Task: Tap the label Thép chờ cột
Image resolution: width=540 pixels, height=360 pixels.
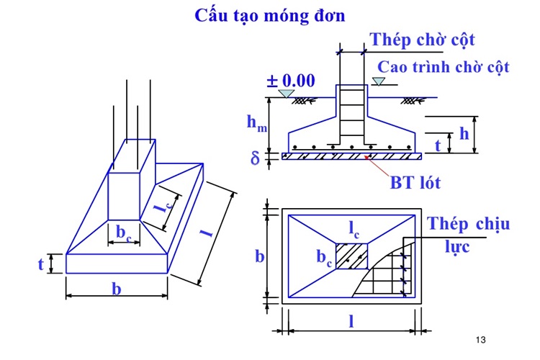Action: [422, 39]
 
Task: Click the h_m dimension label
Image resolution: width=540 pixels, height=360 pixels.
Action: [256, 122]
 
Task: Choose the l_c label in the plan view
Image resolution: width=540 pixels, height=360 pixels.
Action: [354, 230]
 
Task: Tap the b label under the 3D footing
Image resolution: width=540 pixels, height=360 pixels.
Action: [116, 289]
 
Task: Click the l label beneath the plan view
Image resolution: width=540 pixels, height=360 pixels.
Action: [351, 322]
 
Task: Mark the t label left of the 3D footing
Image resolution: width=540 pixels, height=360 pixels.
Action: [40, 264]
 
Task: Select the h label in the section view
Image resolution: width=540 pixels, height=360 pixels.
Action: [464, 133]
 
